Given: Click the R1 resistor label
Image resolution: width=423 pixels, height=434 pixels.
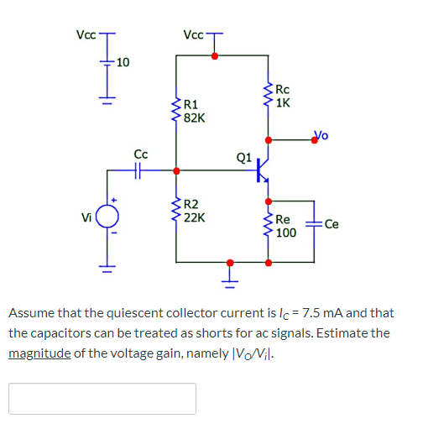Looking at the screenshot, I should pyautogui.click(x=191, y=105).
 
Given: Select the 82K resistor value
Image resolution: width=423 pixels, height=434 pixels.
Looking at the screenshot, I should pyautogui.click(x=194, y=118).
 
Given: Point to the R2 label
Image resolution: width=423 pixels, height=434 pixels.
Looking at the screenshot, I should pyautogui.click(x=191, y=204).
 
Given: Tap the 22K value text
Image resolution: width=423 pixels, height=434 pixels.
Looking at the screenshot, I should pyautogui.click(x=194, y=217).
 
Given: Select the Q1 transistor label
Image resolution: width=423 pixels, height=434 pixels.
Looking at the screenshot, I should pyautogui.click(x=244, y=156).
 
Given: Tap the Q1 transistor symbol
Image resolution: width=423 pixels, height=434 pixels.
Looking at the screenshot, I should pyautogui.click(x=264, y=170).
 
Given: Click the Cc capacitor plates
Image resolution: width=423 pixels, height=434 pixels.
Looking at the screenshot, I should pyautogui.click(x=141, y=170).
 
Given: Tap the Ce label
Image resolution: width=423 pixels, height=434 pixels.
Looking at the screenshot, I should pyautogui.click(x=332, y=224).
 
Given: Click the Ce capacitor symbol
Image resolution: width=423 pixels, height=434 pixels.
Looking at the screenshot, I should pyautogui.click(x=314, y=224).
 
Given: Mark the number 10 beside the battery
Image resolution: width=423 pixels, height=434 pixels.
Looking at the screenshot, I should pyautogui.click(x=123, y=62).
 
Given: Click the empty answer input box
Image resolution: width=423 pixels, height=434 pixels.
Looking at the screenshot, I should pyautogui.click(x=102, y=398).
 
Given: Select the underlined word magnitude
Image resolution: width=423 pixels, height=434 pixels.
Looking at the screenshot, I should pyautogui.click(x=38, y=353).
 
